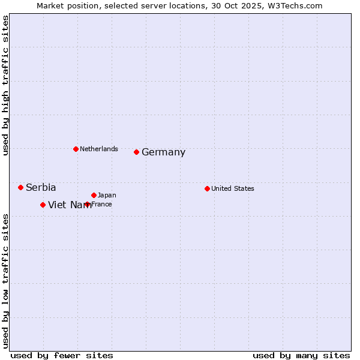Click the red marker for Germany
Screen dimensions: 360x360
[137, 152]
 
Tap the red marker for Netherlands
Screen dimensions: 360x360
[76, 149]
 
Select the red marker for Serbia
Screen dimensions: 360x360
[20, 187]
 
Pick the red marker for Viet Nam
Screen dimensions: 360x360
[43, 205]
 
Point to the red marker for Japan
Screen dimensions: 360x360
[94, 195]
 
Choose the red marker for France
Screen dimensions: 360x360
[88, 204]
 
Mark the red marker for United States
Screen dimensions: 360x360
[207, 188]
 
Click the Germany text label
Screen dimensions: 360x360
[163, 152]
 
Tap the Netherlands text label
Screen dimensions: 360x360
[99, 149]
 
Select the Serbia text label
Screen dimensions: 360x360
[41, 188]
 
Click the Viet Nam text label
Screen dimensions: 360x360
[70, 205]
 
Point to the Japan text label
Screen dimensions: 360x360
[107, 195]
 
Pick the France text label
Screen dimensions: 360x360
[102, 204]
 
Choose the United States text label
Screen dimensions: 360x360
[233, 188]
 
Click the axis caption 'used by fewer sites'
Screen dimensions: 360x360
[62, 355]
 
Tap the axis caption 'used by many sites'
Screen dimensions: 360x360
[301, 355]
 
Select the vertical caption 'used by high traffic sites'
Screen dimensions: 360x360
[6, 86]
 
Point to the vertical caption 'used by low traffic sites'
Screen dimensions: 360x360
[6, 280]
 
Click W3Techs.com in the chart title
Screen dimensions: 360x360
[296, 5]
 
